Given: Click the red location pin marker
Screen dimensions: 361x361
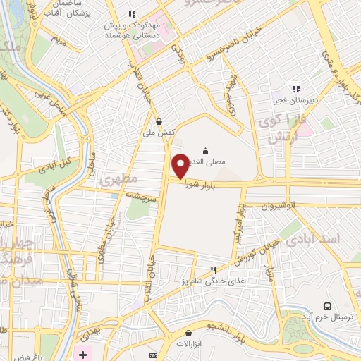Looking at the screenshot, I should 180,166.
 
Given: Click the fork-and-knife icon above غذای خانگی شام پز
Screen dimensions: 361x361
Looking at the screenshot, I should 214,269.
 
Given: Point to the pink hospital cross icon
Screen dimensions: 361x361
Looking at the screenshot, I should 83,353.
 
